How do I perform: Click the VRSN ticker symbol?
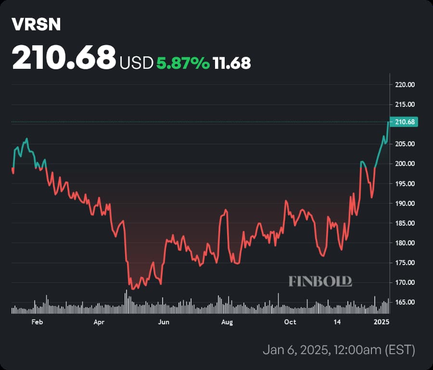[x=37, y=25]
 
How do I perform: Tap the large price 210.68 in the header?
[x=64, y=57]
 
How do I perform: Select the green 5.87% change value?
[x=182, y=63]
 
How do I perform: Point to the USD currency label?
[x=136, y=63]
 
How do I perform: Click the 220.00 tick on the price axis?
[x=405, y=85]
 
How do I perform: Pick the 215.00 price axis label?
[x=405, y=104]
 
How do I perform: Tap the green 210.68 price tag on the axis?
[x=405, y=122]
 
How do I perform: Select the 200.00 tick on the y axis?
[x=405, y=164]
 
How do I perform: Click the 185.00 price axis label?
[x=405, y=223]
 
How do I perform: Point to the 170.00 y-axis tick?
[x=405, y=282]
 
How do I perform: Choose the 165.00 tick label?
[x=405, y=302]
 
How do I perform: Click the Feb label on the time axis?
[x=37, y=322]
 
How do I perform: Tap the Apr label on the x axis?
[x=100, y=322]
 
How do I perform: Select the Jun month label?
[x=164, y=322]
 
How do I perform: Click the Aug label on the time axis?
[x=227, y=322]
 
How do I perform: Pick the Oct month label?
[x=290, y=322]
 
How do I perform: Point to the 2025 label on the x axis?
[x=383, y=322]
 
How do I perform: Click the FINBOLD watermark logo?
[x=320, y=281]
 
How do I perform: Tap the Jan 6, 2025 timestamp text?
[x=339, y=350]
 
